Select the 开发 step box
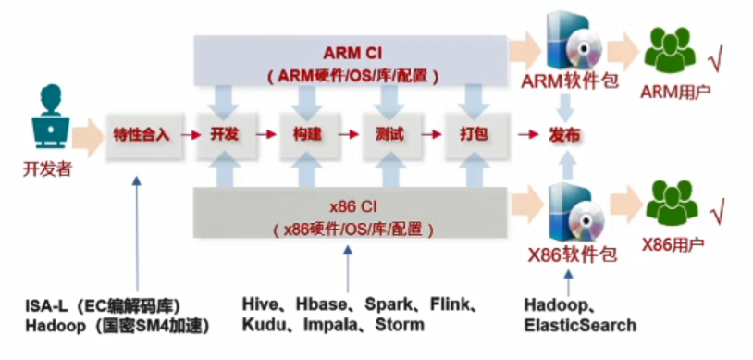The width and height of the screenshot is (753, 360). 225,135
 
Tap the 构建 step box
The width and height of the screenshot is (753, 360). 307,135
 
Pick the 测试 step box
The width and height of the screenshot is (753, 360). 389,135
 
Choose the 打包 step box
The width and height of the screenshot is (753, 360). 473,135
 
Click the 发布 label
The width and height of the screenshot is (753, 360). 564,135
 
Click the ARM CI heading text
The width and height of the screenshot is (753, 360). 352,53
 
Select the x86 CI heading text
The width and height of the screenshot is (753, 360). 353,207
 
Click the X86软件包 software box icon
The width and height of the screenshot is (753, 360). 575,214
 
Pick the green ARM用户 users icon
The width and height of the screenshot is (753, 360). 670,47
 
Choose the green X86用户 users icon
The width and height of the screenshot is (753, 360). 672,203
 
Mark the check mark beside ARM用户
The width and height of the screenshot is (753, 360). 716,61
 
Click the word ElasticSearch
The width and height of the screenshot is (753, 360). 580,326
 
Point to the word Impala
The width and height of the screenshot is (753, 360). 330,325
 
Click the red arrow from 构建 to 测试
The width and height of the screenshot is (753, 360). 349,135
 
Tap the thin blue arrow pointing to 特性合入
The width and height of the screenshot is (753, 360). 137,233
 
